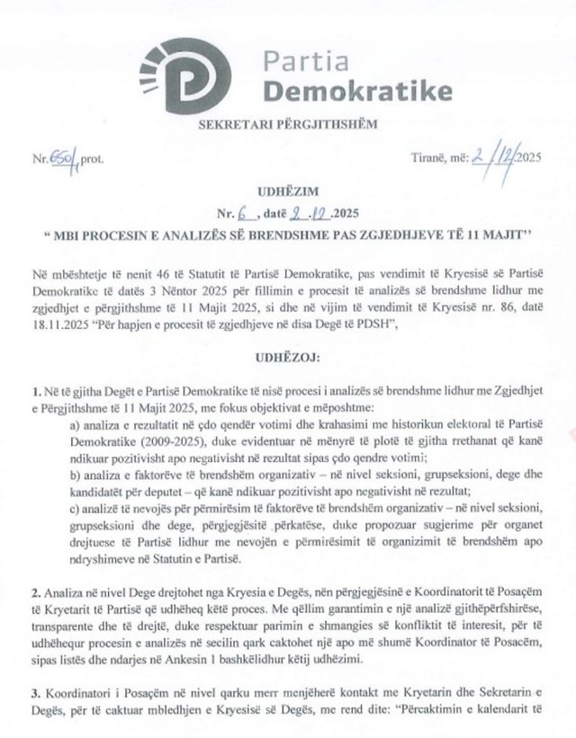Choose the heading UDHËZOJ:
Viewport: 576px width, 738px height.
[287, 357]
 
